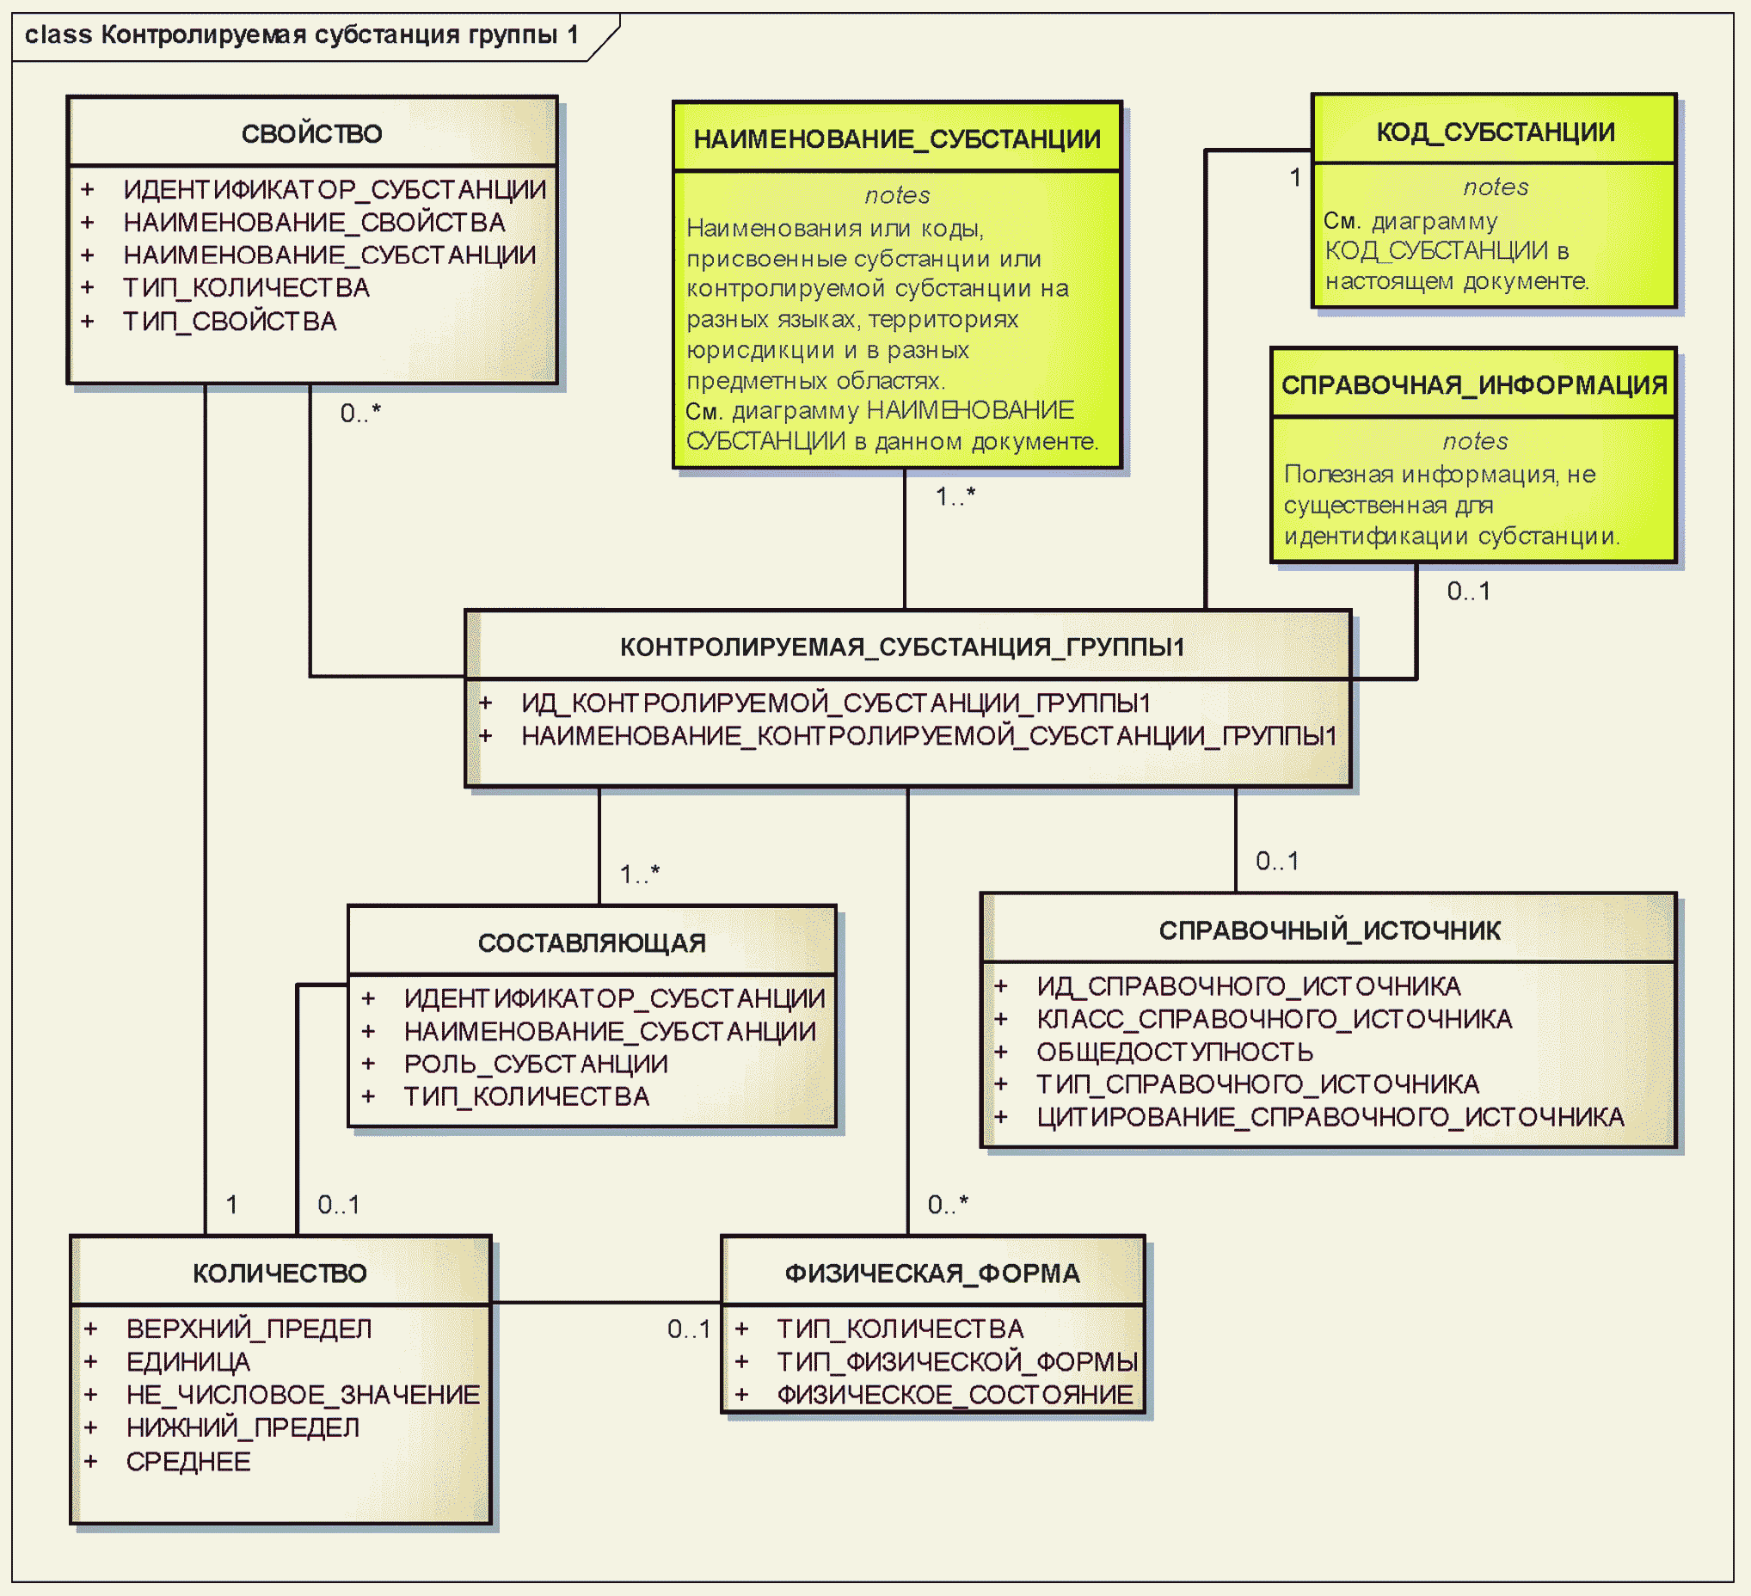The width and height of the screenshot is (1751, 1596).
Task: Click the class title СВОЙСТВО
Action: click(x=312, y=134)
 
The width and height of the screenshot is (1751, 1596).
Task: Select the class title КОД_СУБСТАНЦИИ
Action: click(x=1496, y=132)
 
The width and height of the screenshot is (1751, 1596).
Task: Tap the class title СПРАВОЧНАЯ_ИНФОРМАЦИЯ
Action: click(x=1475, y=384)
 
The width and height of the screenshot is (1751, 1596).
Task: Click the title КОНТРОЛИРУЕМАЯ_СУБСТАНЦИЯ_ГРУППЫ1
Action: click(x=902, y=647)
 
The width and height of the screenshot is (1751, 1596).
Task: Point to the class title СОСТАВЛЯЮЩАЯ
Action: click(x=593, y=943)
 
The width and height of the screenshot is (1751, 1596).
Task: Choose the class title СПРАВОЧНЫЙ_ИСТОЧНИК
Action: click(x=1330, y=930)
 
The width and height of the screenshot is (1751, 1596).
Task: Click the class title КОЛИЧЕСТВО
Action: click(x=280, y=1274)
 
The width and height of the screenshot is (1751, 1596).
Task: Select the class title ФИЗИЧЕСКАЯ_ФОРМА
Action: click(x=933, y=1274)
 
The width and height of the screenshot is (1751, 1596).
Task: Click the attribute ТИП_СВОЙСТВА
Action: click(x=230, y=322)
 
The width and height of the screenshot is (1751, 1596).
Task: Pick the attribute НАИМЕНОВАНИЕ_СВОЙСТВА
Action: click(x=315, y=223)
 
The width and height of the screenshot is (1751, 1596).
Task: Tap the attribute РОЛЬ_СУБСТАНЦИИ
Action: click(x=536, y=1064)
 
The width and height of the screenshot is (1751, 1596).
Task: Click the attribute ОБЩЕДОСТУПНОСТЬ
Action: click(x=1175, y=1052)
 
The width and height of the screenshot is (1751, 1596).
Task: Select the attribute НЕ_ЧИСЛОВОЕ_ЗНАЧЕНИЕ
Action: click(x=303, y=1395)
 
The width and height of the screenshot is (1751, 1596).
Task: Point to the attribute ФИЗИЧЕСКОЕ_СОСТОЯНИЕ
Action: click(x=955, y=1395)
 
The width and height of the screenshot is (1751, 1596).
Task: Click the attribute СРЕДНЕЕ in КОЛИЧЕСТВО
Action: click(x=188, y=1461)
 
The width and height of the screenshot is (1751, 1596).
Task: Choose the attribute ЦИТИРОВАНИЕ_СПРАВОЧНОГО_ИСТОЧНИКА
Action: click(x=1330, y=1117)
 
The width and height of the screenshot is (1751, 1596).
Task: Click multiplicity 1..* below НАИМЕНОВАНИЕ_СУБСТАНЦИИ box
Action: click(x=955, y=496)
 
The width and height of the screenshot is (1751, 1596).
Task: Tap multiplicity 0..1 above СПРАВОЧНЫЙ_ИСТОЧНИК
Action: click(x=1278, y=861)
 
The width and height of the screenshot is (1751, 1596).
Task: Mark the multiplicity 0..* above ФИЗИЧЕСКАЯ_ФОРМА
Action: click(x=948, y=1205)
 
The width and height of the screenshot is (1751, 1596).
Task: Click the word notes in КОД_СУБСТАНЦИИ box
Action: click(x=1496, y=187)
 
